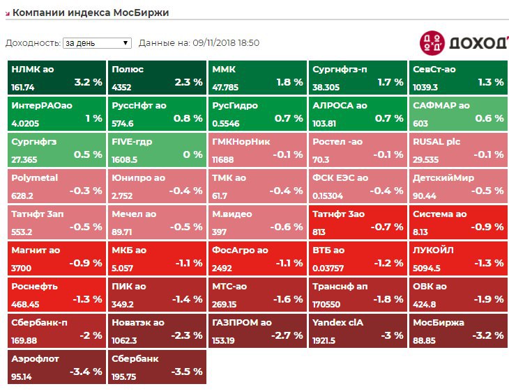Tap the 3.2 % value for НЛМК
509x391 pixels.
click(x=88, y=82)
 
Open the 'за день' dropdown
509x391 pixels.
click(x=97, y=43)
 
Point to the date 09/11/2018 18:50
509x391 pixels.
click(x=225, y=43)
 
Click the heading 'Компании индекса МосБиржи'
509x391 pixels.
click(x=91, y=13)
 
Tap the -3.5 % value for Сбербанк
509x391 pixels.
click(x=187, y=372)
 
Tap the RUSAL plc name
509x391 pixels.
click(x=437, y=142)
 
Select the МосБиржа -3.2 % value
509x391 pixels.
click(x=487, y=335)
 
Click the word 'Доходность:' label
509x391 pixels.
click(x=33, y=43)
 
